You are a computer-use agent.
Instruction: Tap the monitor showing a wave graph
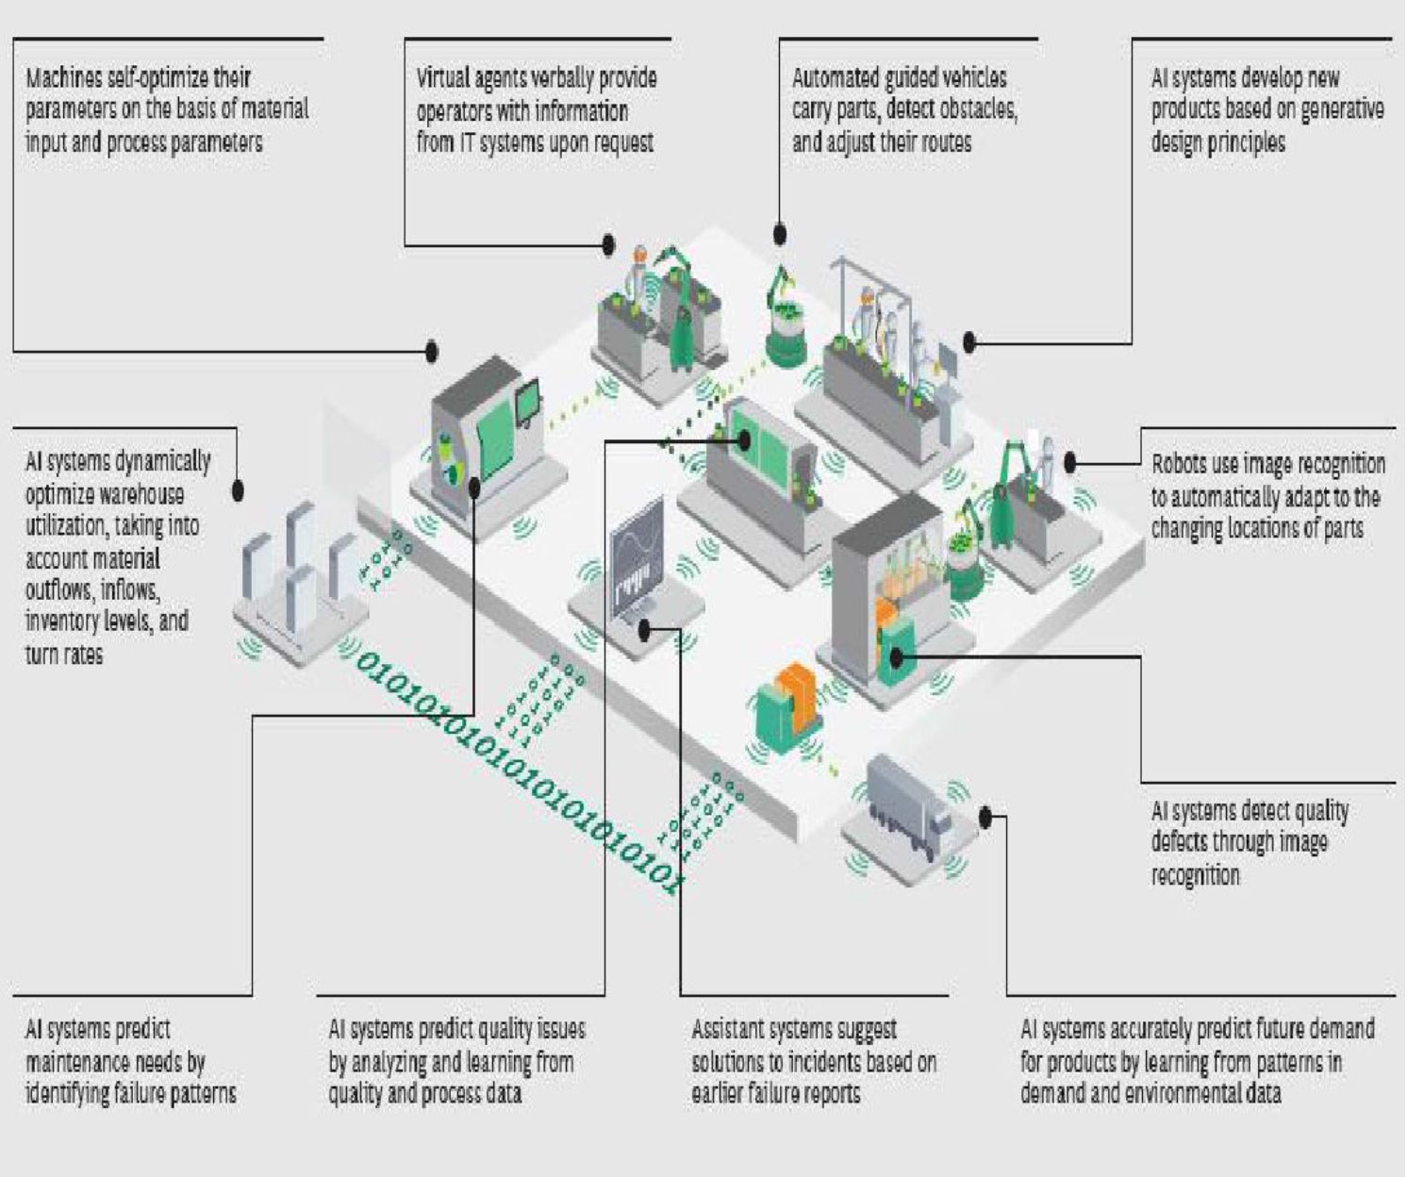637,556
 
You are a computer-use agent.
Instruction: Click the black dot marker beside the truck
985,817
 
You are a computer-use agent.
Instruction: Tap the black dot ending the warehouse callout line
238,490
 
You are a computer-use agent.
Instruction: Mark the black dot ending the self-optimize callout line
432,351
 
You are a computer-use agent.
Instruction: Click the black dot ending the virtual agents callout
608,245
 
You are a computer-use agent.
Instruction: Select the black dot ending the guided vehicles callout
779,233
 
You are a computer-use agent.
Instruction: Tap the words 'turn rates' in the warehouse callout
64,655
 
